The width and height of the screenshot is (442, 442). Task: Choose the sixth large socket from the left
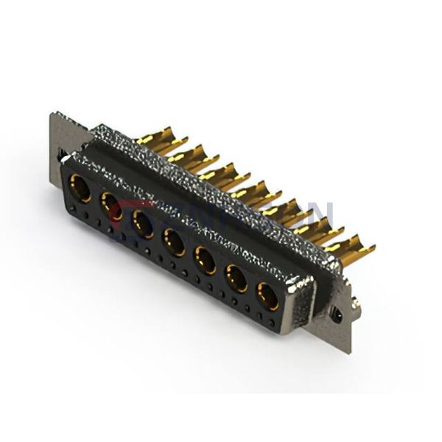(x=236, y=278)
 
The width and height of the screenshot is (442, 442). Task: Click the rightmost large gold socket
(x=267, y=296)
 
